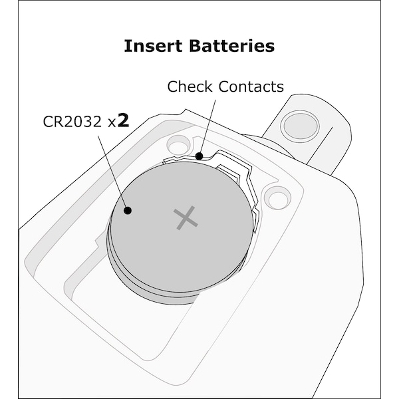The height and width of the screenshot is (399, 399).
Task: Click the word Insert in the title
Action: point(153,46)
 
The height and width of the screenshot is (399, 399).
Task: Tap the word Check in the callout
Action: point(190,86)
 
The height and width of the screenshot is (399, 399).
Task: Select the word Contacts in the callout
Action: point(251,86)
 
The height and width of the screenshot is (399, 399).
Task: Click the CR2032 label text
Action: point(72,122)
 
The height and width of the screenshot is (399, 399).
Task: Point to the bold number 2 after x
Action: point(124,120)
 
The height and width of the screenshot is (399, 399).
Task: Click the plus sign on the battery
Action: point(186,218)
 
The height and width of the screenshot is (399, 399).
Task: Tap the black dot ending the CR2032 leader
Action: point(128,211)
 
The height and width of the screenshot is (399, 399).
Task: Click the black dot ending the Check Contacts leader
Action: point(199,156)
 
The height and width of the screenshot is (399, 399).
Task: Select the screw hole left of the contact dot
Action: point(178,145)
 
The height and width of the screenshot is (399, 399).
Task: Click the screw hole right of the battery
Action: point(277,198)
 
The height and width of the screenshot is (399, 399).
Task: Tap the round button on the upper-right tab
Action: point(301,126)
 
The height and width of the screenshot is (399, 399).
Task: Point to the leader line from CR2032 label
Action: point(113,172)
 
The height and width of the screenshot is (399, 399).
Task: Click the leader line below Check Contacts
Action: point(208,127)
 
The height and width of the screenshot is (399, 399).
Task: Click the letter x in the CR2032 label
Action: point(112,123)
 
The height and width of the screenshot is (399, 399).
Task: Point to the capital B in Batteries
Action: point(196,46)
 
